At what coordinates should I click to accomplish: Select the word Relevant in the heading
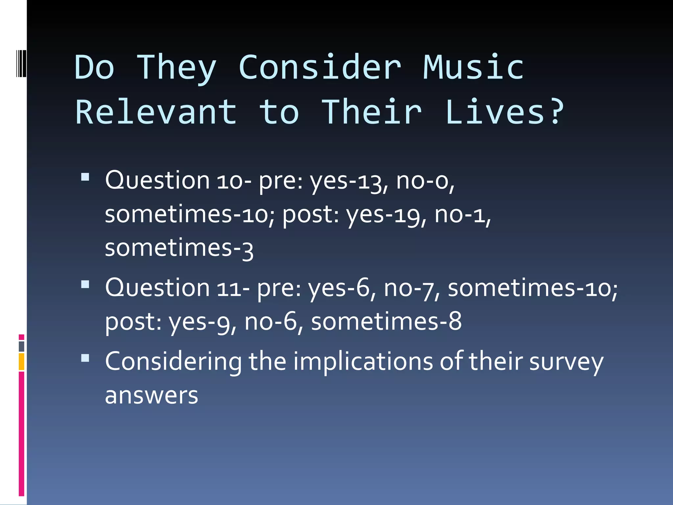tap(156, 112)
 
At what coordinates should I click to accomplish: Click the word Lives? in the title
tap(504, 112)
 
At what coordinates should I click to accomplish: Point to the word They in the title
tap(176, 68)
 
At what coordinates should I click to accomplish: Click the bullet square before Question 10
tap(85, 177)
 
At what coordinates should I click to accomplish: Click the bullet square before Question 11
tap(85, 284)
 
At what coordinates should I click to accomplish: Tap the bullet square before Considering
tap(85, 358)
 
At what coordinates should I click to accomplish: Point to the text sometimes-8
tap(386, 322)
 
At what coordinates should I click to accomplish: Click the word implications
tap(363, 362)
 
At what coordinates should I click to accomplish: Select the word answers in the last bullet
tap(151, 396)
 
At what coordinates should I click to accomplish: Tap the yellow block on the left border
tap(21, 362)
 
